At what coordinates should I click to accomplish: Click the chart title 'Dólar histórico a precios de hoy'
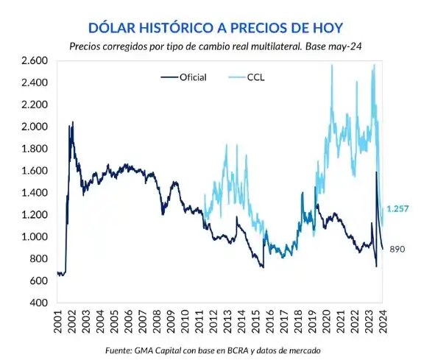coord(215,28)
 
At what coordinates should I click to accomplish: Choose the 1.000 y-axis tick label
coord(35,237)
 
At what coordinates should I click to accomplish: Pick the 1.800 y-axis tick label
coord(35,149)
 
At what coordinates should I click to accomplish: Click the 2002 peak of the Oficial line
coord(72,123)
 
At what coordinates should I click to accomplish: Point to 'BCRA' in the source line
coord(236,350)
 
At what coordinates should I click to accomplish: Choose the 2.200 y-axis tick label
coord(35,105)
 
